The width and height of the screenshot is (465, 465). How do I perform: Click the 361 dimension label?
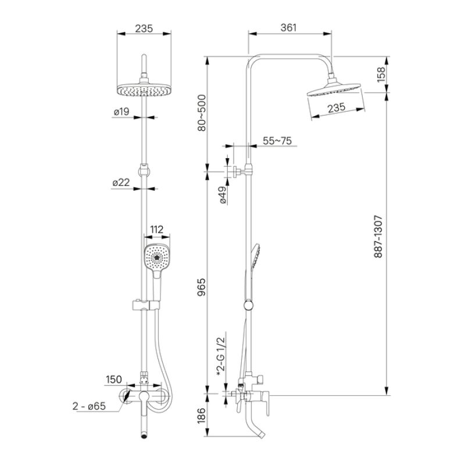[289, 27]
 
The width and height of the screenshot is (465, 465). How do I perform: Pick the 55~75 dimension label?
[277, 141]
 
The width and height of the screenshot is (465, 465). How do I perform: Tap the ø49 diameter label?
[223, 196]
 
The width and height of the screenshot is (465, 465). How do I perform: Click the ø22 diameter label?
[121, 182]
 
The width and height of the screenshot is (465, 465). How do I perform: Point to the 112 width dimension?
[157, 230]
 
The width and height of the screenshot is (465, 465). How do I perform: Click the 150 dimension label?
[113, 379]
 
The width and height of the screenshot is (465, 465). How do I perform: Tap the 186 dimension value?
[202, 416]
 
